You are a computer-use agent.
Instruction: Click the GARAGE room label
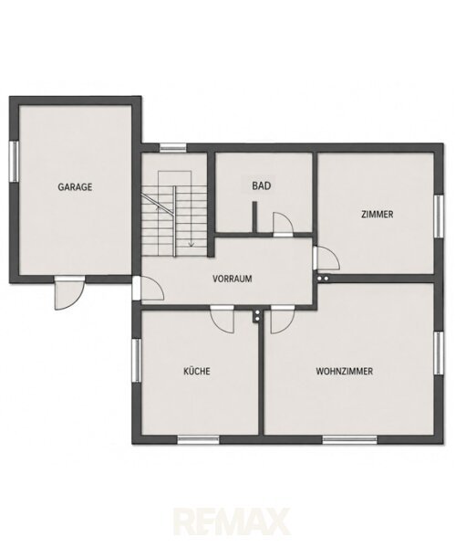pyautogui.click(x=75, y=187)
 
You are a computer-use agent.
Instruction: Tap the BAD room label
pyautogui.click(x=262, y=185)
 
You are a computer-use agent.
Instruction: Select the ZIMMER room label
pyautogui.click(x=377, y=214)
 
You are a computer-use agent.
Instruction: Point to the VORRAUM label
pyautogui.click(x=233, y=279)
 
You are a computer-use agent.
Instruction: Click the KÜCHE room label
pyautogui.click(x=197, y=371)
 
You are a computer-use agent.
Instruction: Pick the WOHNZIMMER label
pyautogui.click(x=344, y=371)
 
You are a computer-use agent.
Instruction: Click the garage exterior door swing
pyautogui.click(x=69, y=293)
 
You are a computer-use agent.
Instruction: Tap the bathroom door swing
pyautogui.click(x=283, y=225)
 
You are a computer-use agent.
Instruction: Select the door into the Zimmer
pyautogui.click(x=326, y=258)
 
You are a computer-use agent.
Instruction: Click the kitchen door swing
pyautogui.click(x=223, y=319)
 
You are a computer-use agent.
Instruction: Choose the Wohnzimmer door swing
pyautogui.click(x=283, y=319)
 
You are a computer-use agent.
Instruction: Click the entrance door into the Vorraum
pyautogui.click(x=148, y=289)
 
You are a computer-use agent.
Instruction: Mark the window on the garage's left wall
pyautogui.click(x=14, y=161)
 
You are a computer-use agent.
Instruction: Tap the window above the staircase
pyautogui.click(x=173, y=148)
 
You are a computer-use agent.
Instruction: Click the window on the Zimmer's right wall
pyautogui.click(x=439, y=216)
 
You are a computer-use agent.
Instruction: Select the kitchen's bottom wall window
pyautogui.click(x=198, y=439)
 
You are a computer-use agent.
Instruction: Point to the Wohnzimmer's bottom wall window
pyautogui.click(x=350, y=439)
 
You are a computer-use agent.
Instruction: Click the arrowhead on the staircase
pyautogui.click(x=191, y=244)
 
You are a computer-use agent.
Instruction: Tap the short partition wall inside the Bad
pyautogui.click(x=254, y=217)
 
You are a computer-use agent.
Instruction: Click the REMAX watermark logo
pyautogui.click(x=232, y=522)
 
